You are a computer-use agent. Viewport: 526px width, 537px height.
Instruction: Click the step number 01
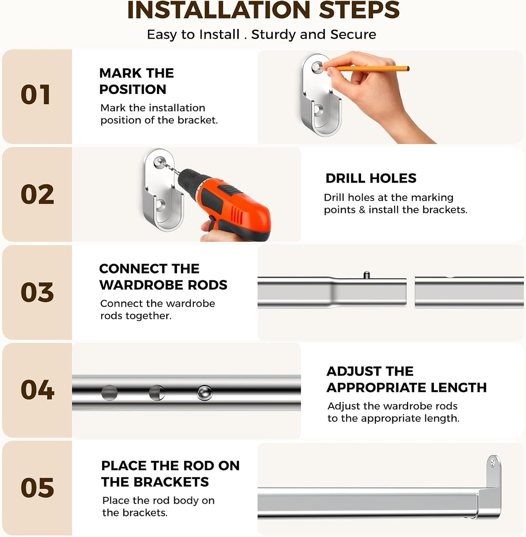click(36, 95)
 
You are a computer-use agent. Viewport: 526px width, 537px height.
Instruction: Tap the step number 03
click(37, 292)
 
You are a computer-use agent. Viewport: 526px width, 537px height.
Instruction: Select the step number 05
click(37, 488)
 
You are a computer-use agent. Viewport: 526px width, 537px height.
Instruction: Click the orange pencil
click(366, 68)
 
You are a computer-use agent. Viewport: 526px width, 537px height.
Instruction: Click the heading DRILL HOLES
click(371, 178)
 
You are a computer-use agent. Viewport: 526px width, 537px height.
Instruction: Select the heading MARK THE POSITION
click(136, 81)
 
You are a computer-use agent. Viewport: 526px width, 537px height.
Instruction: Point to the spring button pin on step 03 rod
click(367, 275)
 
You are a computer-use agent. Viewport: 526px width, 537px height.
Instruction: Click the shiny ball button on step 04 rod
click(204, 392)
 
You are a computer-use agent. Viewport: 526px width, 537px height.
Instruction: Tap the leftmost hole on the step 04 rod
click(109, 393)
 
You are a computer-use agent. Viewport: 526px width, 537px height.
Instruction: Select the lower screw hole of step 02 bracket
click(160, 204)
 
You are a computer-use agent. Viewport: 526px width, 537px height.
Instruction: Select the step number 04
click(37, 390)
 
